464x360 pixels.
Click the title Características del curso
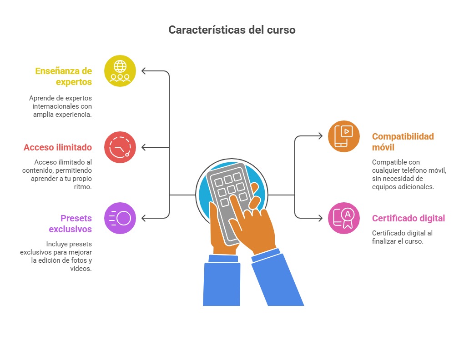point(232,30)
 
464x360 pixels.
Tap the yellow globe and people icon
point(120,71)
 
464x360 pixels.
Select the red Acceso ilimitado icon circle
point(120,147)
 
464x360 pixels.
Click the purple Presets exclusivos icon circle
point(120,218)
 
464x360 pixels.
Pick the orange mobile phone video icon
point(344,136)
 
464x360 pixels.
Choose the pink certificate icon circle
point(344,218)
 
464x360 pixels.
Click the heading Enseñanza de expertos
point(63,76)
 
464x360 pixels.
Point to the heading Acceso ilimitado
point(58,147)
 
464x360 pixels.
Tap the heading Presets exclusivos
point(70,224)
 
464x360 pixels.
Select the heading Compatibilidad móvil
point(403,141)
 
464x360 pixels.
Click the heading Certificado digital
point(409,218)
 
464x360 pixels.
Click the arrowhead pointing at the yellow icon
point(143,71)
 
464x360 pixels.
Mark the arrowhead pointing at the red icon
point(143,147)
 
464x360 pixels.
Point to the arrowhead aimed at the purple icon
point(143,218)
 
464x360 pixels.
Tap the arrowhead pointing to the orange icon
point(321,136)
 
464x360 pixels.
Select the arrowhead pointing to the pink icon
point(321,218)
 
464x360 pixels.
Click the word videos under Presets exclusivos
point(80,269)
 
